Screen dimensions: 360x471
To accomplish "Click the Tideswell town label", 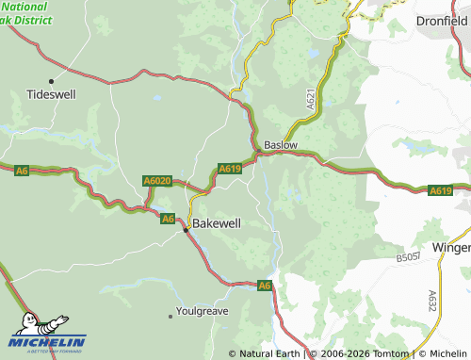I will click(x=52, y=95).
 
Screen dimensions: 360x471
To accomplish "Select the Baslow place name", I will click(x=281, y=146).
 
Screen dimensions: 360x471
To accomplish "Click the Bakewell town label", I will click(x=216, y=223).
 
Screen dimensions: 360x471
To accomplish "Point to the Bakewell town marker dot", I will click(x=187, y=228).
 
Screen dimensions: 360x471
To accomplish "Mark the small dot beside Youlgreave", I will click(x=173, y=313).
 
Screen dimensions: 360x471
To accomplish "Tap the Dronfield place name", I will click(x=442, y=20).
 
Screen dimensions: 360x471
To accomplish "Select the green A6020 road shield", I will click(x=157, y=180).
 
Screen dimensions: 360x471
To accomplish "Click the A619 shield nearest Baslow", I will click(x=230, y=169).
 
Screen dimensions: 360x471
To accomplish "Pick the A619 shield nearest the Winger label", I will click(x=440, y=190).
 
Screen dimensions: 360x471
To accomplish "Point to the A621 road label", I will click(x=310, y=97).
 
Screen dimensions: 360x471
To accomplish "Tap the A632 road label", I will click(x=432, y=300).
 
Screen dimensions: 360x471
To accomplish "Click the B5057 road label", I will click(x=408, y=255).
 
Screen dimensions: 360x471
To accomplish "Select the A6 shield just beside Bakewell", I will click(x=167, y=219).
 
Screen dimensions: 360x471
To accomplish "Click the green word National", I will click(x=17, y=6).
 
